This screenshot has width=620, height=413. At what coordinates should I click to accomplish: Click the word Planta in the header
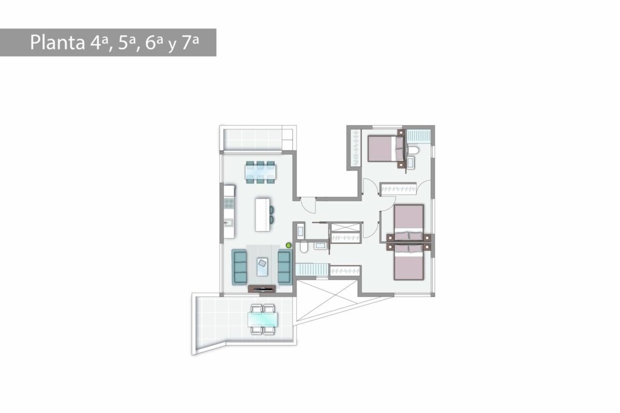pyautogui.click(x=58, y=42)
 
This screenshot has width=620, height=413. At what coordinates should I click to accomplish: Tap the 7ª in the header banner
pyautogui.click(x=190, y=42)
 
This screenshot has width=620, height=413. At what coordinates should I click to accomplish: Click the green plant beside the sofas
pyautogui.click(x=289, y=245)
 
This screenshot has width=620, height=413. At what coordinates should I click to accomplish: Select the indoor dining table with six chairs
pyautogui.click(x=260, y=172)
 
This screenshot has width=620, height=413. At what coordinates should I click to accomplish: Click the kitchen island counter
pyautogui.click(x=263, y=215)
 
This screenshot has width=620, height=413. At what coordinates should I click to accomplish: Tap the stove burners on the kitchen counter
pyautogui.click(x=229, y=203)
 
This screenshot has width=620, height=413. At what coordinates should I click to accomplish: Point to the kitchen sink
pyautogui.click(x=228, y=223)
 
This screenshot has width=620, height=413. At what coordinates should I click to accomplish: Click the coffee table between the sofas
pyautogui.click(x=262, y=267)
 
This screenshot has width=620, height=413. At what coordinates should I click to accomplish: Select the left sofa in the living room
pyautogui.click(x=239, y=267)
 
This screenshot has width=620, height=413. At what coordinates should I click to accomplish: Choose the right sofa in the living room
pyautogui.click(x=285, y=267)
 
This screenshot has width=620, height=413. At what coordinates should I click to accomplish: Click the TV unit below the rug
pyautogui.click(x=262, y=288)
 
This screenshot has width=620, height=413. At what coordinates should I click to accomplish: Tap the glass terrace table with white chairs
pyautogui.click(x=263, y=319)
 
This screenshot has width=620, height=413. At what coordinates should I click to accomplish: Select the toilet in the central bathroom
pyautogui.click(x=304, y=247)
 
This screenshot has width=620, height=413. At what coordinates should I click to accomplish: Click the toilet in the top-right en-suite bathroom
pyautogui.click(x=412, y=150)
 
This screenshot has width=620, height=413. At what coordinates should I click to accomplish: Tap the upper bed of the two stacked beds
pyautogui.click(x=409, y=223)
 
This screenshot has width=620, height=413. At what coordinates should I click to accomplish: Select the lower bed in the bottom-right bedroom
pyautogui.click(x=409, y=262)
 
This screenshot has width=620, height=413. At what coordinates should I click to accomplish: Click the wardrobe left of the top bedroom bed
pyautogui.click(x=355, y=148)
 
